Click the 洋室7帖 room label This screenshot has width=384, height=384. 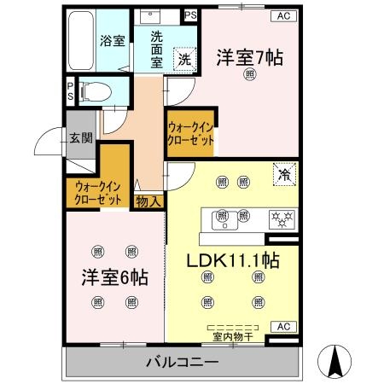coord(249,57)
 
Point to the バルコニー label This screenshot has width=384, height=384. coord(182,361)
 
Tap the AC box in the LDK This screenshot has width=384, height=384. coord(283,326)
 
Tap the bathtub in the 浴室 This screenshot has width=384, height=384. coord(81,41)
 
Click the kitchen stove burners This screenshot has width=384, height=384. coord(281,218)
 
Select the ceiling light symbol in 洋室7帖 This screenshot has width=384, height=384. coord(249,75)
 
